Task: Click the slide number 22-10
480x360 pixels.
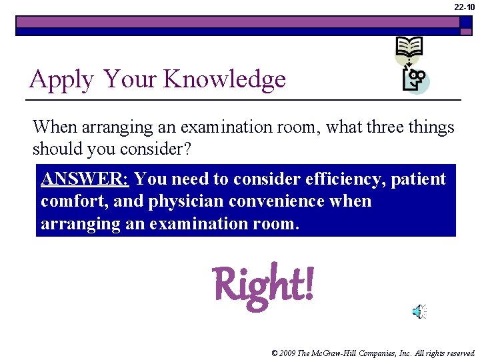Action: tap(464, 7)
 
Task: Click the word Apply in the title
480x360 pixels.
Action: tap(61, 80)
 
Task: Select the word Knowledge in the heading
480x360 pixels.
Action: tap(225, 79)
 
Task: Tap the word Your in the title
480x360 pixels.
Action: tap(130, 79)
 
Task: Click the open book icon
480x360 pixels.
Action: tap(409, 48)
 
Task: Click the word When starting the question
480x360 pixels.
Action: tap(55, 127)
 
